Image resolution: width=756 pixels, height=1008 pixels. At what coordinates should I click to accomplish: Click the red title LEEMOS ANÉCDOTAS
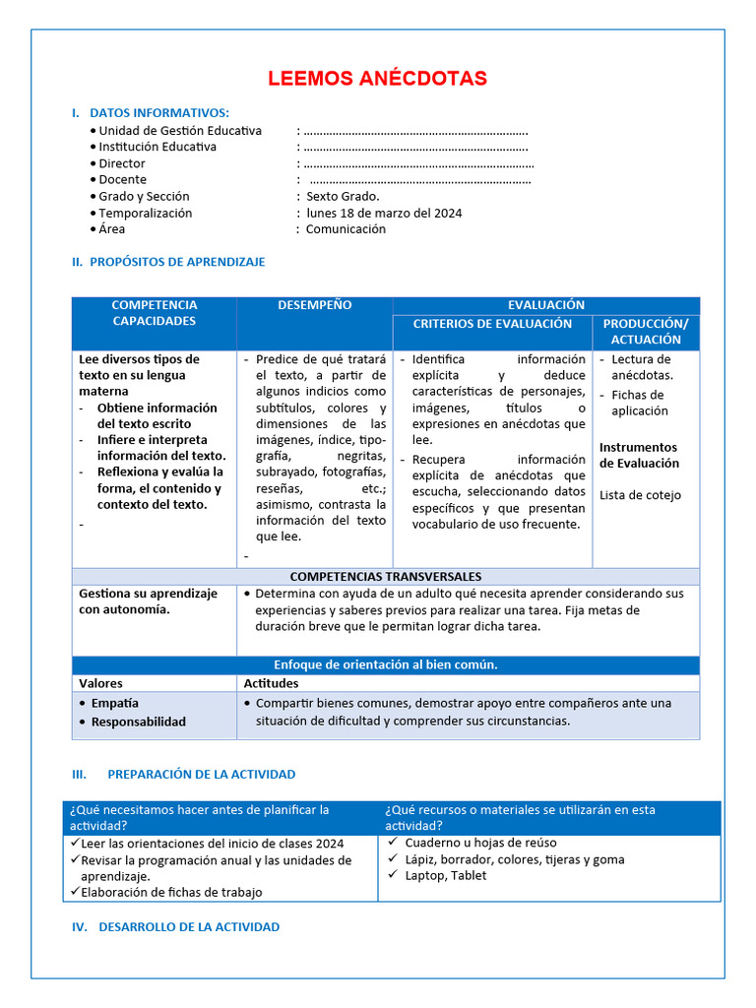[x=377, y=79]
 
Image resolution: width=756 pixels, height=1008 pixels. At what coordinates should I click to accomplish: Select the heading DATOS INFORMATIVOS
[x=158, y=113]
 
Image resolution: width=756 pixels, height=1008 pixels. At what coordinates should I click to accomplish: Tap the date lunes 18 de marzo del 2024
[x=384, y=213]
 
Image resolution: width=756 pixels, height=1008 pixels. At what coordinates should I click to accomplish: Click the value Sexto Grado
[x=343, y=196]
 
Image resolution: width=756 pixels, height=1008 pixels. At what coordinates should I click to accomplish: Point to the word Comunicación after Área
[x=346, y=229]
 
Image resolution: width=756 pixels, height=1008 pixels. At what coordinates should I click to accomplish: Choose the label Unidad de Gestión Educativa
[x=180, y=131]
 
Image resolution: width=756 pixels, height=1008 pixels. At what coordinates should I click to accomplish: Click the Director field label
[x=122, y=163]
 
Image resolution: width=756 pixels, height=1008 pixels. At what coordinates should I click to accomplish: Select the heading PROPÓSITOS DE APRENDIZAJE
[x=176, y=262]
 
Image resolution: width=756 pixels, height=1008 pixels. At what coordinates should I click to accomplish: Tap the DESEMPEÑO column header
[x=314, y=305]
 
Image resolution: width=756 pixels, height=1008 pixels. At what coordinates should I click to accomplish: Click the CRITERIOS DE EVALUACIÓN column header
[x=492, y=324]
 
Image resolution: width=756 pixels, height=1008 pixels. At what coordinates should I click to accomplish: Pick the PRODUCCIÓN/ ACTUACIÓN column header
[x=646, y=332]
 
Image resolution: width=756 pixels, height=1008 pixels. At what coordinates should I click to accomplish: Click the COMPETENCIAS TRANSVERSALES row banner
[x=385, y=577]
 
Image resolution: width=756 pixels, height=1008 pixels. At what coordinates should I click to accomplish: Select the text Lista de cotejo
[x=640, y=495]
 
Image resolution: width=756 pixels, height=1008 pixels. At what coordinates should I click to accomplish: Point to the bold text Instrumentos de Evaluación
[x=640, y=455]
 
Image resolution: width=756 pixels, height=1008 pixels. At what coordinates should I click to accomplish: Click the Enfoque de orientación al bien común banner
[x=385, y=664]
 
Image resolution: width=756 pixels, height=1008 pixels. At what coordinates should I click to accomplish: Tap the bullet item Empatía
[x=115, y=704]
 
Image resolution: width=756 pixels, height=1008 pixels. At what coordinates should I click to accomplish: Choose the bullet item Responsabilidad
[x=138, y=722]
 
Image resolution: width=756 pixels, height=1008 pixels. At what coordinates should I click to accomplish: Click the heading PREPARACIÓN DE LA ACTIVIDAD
[x=201, y=775]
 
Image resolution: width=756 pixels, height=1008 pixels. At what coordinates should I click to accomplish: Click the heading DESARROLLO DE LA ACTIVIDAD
[x=189, y=927]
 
